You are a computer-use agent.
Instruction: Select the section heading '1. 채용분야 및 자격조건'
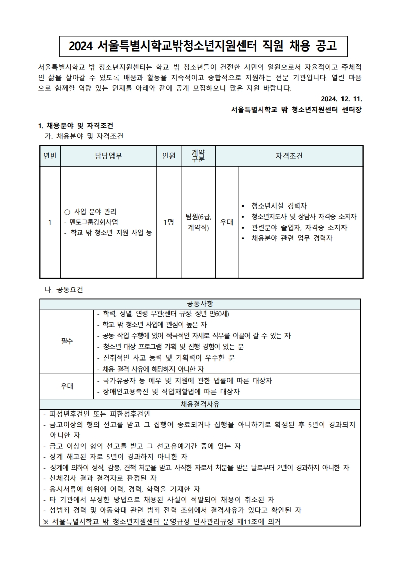tap(76, 126)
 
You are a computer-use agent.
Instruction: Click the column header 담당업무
tap(108, 156)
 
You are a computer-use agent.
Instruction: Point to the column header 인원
tap(168, 156)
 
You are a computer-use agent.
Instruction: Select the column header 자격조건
tap(289, 156)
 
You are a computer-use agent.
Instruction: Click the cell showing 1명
tap(168, 222)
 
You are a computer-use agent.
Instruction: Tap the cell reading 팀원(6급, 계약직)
tap(198, 222)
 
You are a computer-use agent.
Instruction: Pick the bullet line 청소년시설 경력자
tap(279, 205)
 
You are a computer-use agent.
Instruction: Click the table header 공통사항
tap(200, 304)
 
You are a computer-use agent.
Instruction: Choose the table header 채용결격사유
tap(200, 404)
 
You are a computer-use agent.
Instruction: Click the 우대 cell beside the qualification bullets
tap(226, 222)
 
